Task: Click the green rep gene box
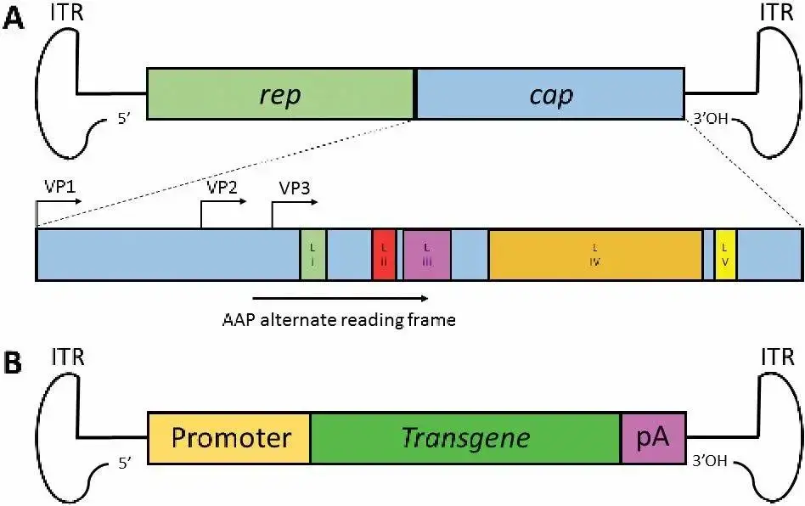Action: (281, 94)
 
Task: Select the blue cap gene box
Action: (550, 94)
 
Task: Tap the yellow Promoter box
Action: (230, 438)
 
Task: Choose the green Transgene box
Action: (465, 438)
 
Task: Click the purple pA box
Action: (652, 438)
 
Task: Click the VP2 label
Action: (221, 188)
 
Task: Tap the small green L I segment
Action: (312, 254)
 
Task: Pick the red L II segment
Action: (385, 254)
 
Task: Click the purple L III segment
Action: (427, 254)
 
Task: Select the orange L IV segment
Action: (595, 254)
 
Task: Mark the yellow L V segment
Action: (724, 254)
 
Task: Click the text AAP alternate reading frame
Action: (340, 320)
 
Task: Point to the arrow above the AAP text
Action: (340, 299)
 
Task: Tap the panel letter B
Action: (14, 363)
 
